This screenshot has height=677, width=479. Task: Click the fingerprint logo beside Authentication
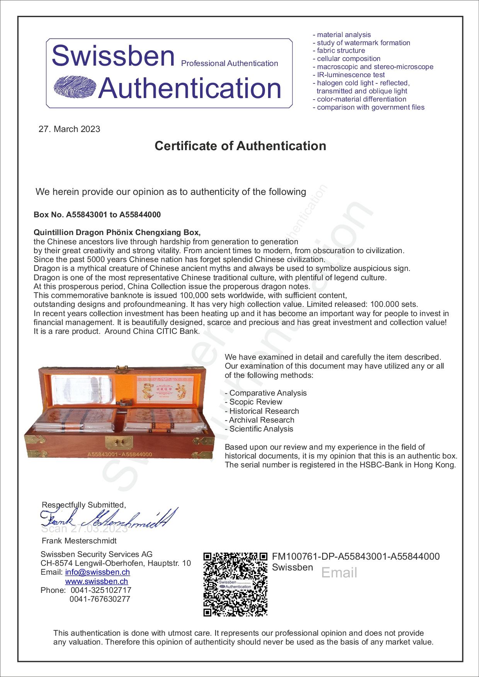[75, 86]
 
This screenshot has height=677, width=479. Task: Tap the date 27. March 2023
[69, 129]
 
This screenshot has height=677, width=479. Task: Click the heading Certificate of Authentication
[240, 146]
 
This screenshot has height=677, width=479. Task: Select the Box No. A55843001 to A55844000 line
[97, 215]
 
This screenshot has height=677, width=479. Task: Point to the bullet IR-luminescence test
[351, 75]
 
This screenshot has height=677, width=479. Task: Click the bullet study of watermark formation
[363, 43]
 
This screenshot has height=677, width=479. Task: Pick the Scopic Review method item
[255, 402]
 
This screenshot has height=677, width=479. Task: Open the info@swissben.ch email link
[97, 572]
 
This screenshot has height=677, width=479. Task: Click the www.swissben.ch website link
[97, 581]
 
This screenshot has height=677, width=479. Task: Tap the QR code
[235, 584]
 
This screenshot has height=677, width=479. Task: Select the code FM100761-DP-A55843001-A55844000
[356, 556]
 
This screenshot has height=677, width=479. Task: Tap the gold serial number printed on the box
[120, 454]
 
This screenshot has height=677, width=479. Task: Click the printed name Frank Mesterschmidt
[79, 540]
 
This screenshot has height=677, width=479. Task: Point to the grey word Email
[339, 572]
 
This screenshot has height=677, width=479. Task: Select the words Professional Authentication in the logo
[229, 63]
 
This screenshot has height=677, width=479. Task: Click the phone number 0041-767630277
[100, 599]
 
